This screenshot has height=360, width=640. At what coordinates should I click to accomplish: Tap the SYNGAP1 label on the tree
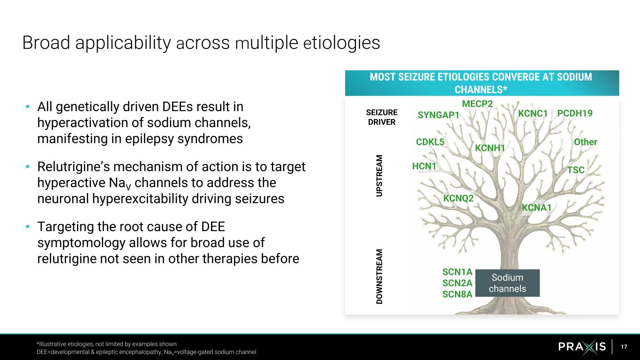[x=438, y=115]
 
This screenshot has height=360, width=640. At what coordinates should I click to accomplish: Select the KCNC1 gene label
[x=533, y=113]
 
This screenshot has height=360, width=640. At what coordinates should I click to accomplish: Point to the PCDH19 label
[x=575, y=113]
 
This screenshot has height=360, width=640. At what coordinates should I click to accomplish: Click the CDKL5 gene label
[x=430, y=142]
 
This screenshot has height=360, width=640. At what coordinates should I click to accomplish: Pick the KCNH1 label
[x=490, y=148]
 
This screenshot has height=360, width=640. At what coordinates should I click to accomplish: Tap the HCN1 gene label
[x=424, y=166]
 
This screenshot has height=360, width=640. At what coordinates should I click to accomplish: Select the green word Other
[x=586, y=142]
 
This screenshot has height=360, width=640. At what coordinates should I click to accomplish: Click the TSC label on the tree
[x=576, y=170]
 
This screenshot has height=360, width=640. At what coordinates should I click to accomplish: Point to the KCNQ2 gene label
[x=459, y=198]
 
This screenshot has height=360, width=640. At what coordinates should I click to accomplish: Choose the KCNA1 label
[x=537, y=207]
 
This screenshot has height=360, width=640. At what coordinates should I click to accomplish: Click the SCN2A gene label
[x=457, y=283]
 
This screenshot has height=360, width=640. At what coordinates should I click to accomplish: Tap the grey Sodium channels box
[x=507, y=283]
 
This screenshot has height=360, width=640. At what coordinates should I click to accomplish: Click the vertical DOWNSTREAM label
[x=379, y=277]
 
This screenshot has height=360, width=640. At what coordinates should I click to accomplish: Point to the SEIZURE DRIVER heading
[x=381, y=117]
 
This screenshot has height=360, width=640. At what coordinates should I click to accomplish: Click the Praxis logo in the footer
[x=582, y=347]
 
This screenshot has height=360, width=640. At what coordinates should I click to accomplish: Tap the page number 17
[x=624, y=347]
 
